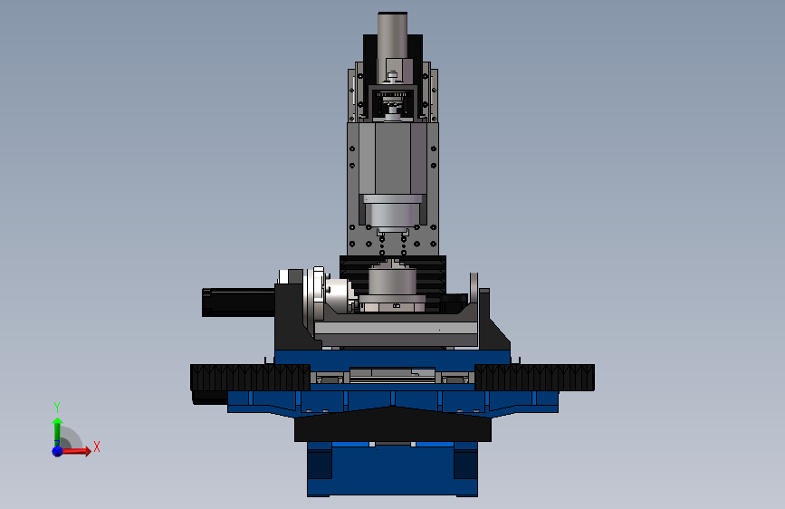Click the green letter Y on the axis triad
pos(57,408)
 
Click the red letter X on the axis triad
pos(97,447)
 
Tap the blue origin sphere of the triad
pos(58,451)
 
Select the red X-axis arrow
pos(76,451)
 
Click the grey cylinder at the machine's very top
pos(393,35)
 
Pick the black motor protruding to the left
pos(238,303)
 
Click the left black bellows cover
pos(250,378)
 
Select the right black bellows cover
pos(535,378)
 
